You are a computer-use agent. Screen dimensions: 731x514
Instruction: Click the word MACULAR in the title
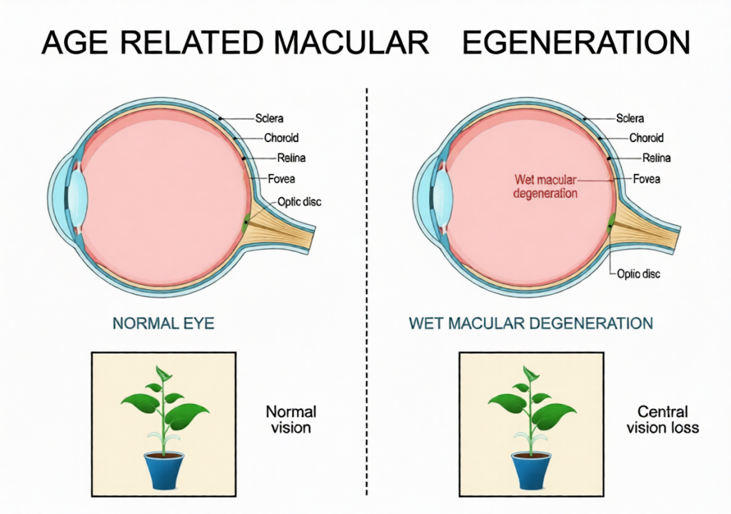pyautogui.click(x=351, y=42)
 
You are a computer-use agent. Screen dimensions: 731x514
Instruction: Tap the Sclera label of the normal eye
pyautogui.click(x=269, y=119)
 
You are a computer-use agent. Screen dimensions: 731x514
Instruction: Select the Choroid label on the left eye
pyautogui.click(x=281, y=138)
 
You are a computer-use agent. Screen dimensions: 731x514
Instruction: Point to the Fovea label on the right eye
pyautogui.click(x=646, y=178)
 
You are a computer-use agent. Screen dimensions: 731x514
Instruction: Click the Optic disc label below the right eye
pyautogui.click(x=638, y=274)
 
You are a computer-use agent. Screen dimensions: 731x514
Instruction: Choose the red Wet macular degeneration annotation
pyautogui.click(x=545, y=186)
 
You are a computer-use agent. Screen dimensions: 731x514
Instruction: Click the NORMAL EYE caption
pyautogui.click(x=163, y=323)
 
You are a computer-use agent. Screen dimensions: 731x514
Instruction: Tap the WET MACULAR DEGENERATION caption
pyautogui.click(x=531, y=323)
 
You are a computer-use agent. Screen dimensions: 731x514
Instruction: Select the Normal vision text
pyautogui.click(x=291, y=419)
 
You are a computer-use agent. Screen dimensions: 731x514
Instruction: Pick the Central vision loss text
pyautogui.click(x=662, y=419)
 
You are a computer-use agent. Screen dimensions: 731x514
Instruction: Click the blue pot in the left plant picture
pyautogui.click(x=163, y=471)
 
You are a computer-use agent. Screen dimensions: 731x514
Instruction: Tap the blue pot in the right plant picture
pyautogui.click(x=531, y=471)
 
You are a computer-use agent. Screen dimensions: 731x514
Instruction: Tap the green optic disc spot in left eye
pyautogui.click(x=245, y=223)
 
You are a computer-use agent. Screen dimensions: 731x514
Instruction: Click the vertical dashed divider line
pyautogui.click(x=367, y=291)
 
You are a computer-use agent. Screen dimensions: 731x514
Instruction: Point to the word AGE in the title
pyautogui.click(x=74, y=42)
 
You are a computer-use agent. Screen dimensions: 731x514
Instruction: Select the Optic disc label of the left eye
pyautogui.click(x=299, y=202)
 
